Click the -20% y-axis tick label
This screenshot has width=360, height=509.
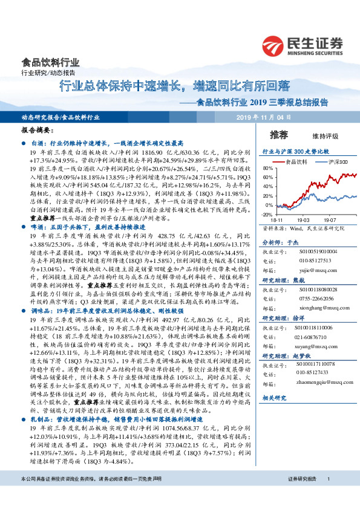[267, 215]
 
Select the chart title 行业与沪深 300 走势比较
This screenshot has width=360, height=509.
[295, 151]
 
